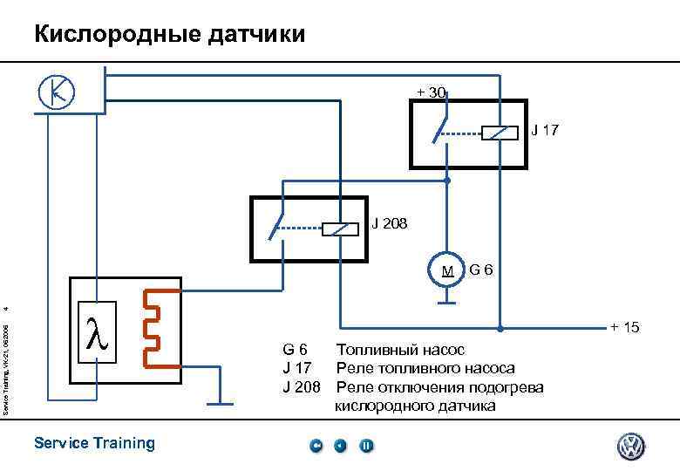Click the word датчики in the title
[255, 35]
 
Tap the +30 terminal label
[432, 92]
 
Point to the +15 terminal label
[624, 328]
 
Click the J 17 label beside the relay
[545, 131]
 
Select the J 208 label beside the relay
[388, 222]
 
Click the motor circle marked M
[446, 270]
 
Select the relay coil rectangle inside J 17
[494, 134]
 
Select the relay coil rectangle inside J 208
[341, 229]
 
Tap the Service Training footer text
[94, 443]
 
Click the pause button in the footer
[366, 447]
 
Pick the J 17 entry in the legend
[298, 368]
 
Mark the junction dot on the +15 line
[500, 330]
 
